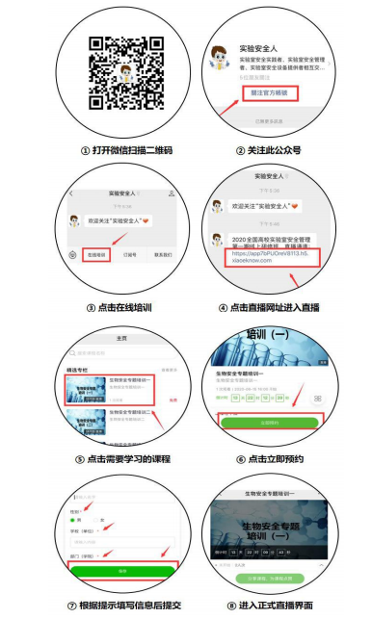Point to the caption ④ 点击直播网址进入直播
pos(269,308)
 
